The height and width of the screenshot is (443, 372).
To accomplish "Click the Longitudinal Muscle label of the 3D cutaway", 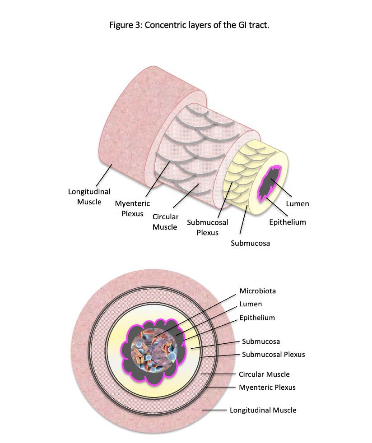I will coord(89,197).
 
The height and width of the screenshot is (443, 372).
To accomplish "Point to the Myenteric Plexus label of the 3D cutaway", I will coord(132,208).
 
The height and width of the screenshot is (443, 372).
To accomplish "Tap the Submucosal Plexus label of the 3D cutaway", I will coord(208,227).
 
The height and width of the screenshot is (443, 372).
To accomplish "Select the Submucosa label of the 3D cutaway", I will coord(250,244).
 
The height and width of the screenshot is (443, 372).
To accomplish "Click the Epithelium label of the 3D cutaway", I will coord(287,222).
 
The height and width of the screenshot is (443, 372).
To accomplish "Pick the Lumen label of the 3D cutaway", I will coord(298,203).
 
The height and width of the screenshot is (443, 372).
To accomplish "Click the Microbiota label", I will coord(257,291).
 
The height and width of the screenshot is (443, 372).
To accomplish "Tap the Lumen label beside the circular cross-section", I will coord(251,304).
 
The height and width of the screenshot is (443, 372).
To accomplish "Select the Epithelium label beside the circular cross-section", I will coord(257,318).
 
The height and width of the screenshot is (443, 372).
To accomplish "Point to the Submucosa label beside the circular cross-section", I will coord(260,341).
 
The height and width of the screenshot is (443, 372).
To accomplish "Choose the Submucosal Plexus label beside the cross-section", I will coord(273,354).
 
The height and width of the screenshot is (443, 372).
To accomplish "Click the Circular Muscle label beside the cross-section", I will coord(264,374).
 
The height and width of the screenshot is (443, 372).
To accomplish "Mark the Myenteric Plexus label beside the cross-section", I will coord(267,387).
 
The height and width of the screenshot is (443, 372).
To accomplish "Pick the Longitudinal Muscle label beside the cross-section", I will coord(263,410).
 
